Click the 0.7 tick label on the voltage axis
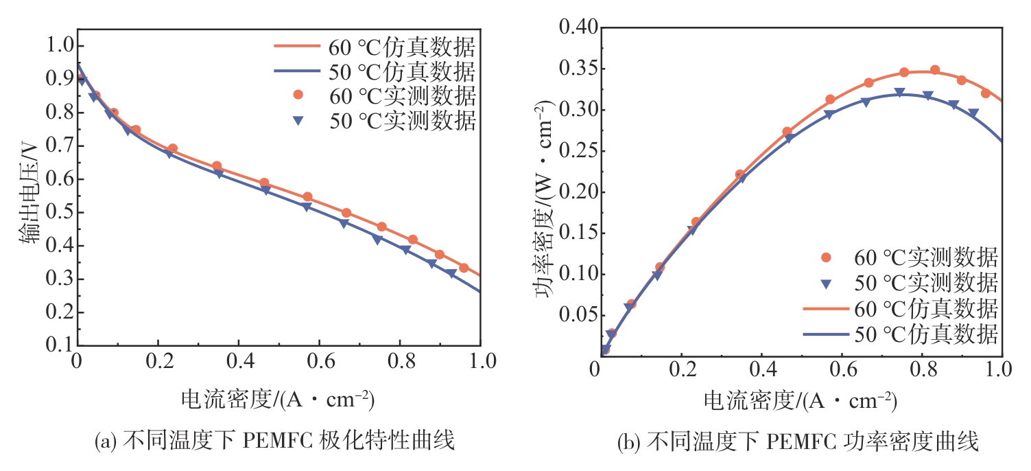pos(60,146)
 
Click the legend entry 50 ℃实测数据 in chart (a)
pos(374,121)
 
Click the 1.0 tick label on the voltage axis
pos(60,46)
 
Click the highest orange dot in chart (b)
pos(934,70)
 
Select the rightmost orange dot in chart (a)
pos(464,268)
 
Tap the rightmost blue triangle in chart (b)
pos(973,113)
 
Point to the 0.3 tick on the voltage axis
pos(60,279)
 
